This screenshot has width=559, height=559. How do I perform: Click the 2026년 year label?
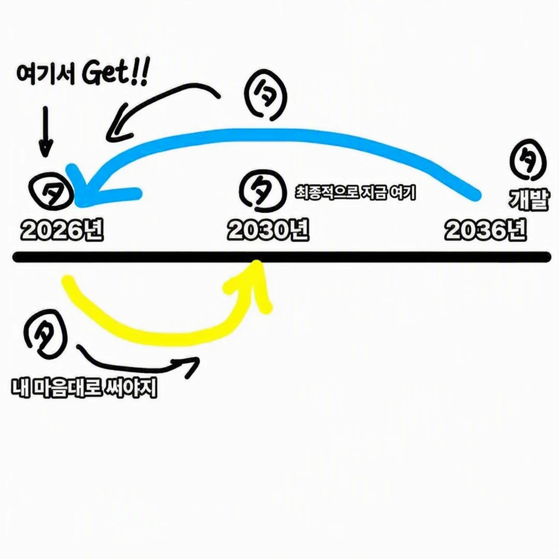(x=62, y=230)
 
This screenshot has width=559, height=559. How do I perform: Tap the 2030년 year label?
(x=268, y=230)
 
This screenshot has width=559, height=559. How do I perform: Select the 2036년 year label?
(x=486, y=230)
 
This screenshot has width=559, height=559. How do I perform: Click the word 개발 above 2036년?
(x=528, y=199)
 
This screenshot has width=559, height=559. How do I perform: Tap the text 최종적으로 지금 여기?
(x=356, y=193)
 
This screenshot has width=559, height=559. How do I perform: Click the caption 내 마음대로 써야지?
(x=84, y=388)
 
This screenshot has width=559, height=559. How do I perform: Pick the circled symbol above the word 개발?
(x=528, y=160)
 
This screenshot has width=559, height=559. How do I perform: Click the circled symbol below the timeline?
(x=46, y=334)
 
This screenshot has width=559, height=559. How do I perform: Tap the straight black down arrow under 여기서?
(x=45, y=132)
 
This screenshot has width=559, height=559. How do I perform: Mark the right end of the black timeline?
(x=548, y=257)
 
